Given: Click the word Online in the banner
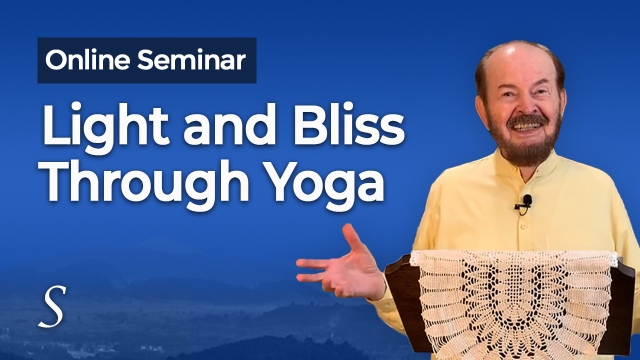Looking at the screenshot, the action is pyautogui.click(x=88, y=60).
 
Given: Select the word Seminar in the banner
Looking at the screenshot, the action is pyautogui.click(x=191, y=60).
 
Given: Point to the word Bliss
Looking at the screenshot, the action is pyautogui.click(x=349, y=126).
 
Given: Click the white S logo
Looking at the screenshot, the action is pyautogui.click(x=53, y=306).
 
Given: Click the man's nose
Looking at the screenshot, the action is pyautogui.click(x=525, y=105).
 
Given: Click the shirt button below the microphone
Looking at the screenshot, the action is pyautogui.click(x=525, y=225).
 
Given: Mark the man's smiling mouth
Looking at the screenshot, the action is pyautogui.click(x=527, y=126).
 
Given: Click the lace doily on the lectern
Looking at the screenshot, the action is pyautogui.click(x=515, y=304).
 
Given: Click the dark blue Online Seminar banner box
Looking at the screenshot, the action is pyautogui.click(x=147, y=60).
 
